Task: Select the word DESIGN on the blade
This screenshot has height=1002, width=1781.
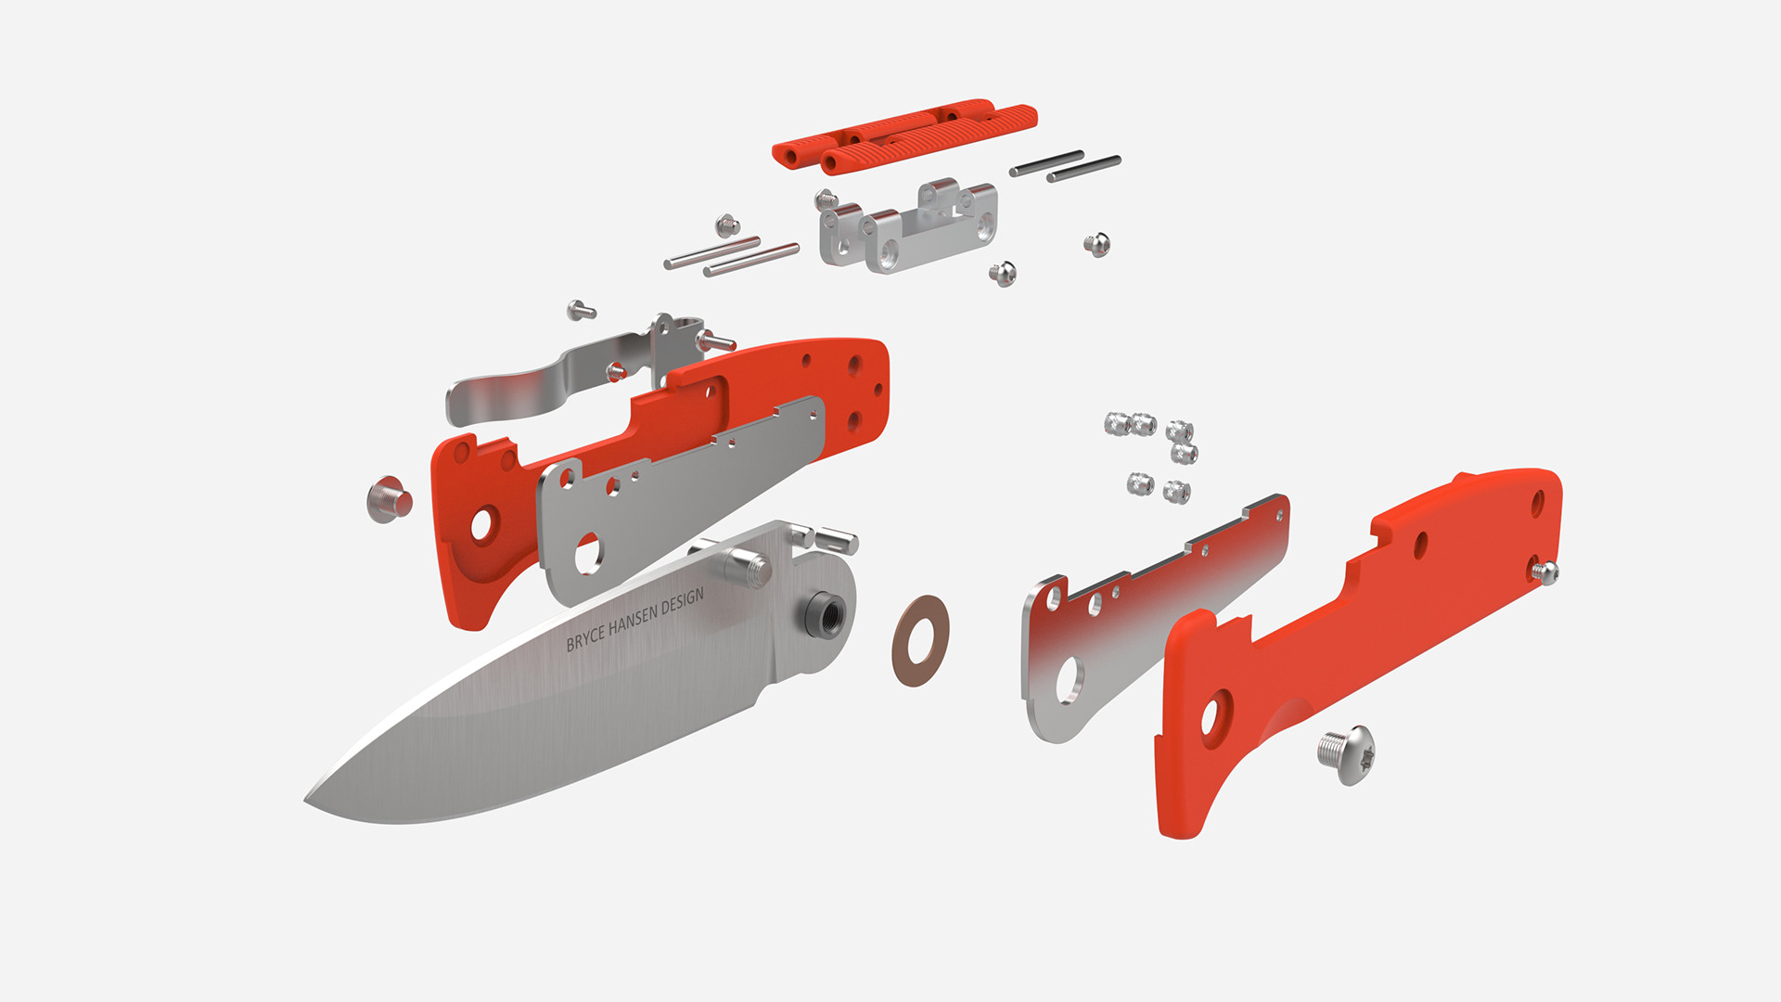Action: [683, 601]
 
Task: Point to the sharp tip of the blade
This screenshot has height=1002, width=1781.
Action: [306, 800]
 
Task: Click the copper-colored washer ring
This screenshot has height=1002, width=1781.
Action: [920, 640]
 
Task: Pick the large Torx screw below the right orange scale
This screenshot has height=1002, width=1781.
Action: [1347, 753]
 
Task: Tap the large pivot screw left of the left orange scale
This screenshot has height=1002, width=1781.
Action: [390, 499]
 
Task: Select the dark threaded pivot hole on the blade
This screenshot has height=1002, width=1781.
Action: [823, 613]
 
